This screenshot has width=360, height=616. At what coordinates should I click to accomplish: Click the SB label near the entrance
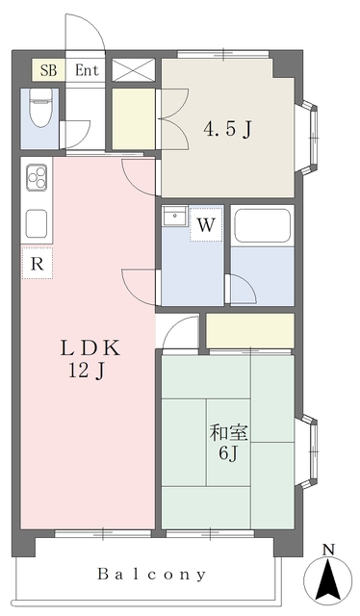point(49,70)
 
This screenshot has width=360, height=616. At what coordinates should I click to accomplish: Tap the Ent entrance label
point(87,70)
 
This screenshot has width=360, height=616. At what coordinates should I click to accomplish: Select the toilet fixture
point(40,107)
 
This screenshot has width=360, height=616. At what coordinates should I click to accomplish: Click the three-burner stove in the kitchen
point(37,178)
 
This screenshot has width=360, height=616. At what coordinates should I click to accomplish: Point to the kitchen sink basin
point(37,223)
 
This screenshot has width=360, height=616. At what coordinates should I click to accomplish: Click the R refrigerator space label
point(37,264)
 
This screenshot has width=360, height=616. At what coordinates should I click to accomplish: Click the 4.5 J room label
point(227,129)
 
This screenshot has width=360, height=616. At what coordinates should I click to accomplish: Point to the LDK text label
point(90,348)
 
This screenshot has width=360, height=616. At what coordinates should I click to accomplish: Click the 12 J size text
point(87,371)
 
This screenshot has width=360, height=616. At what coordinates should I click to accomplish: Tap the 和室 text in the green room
point(229,433)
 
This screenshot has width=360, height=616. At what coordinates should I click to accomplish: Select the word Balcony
point(151,575)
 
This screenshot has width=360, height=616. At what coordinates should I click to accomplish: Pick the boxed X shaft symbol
point(134,70)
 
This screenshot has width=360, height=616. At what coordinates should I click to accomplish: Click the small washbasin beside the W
point(173,216)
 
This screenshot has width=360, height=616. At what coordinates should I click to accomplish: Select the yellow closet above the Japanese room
point(250,331)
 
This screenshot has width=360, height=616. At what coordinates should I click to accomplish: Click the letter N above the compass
point(328,550)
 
